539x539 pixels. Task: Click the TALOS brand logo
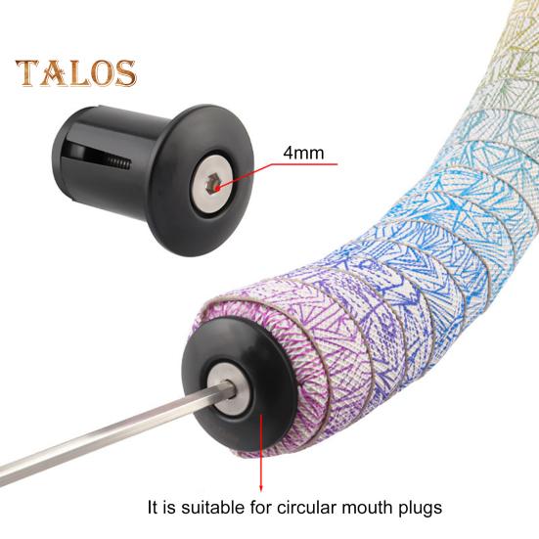(76, 72)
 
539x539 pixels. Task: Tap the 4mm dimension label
(303, 153)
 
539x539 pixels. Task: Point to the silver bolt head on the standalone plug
(210, 183)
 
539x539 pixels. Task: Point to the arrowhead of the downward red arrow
(261, 488)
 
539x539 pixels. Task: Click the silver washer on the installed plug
(228, 387)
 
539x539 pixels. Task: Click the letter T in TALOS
(27, 72)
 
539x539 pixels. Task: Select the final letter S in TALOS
(125, 73)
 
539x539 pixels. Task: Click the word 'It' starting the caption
(154, 507)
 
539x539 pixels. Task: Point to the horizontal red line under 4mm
(302, 164)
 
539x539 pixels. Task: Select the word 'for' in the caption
(261, 507)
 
